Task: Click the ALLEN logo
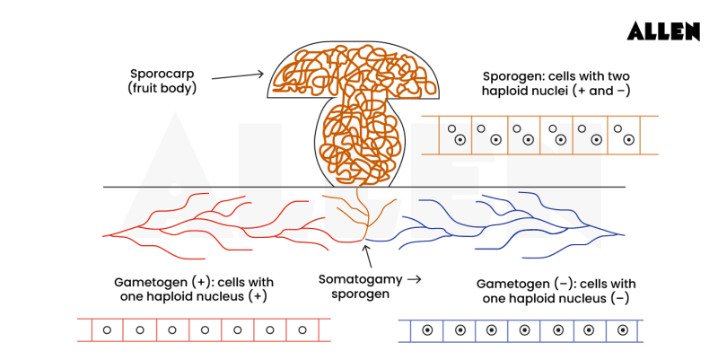[x=662, y=31]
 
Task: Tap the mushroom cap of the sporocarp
[x=353, y=72]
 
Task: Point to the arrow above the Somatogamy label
[x=365, y=254]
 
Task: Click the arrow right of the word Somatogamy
[x=413, y=279]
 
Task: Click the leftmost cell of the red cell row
[x=108, y=330]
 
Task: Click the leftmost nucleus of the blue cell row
[x=428, y=330]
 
